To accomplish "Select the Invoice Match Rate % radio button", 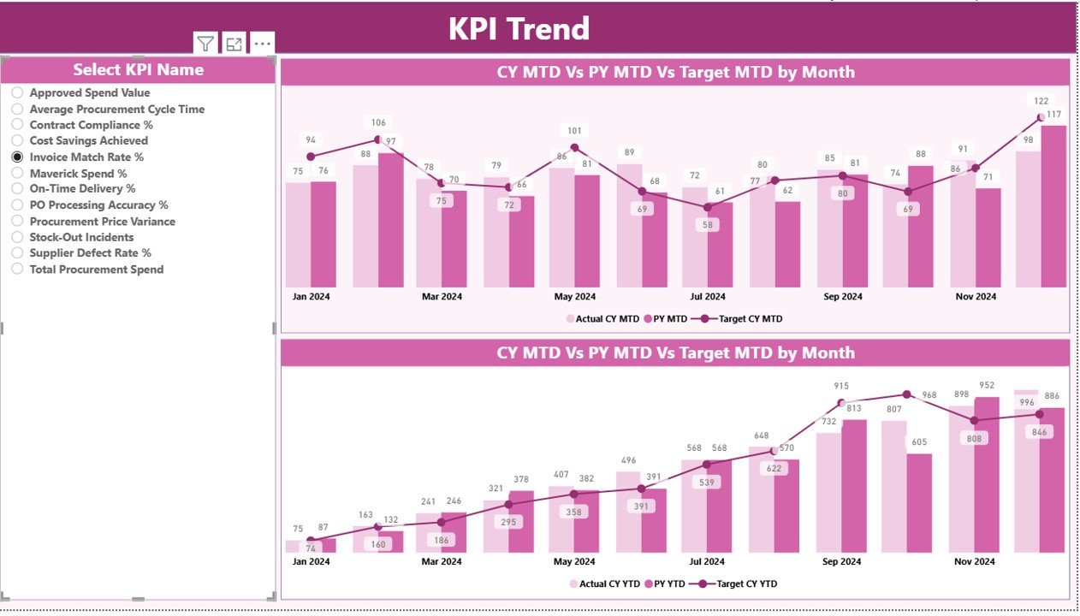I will point(17,157).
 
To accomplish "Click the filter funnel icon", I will point(205,44).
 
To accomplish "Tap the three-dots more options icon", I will point(262,44).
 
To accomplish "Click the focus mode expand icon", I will point(234,44).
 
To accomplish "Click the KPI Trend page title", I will point(519,29).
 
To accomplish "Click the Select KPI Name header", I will point(138,70).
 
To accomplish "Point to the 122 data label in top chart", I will point(1041,101).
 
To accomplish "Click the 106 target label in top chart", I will point(378,122).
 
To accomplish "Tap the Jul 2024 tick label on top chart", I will point(708,297).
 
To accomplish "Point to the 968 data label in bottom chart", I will point(929,395).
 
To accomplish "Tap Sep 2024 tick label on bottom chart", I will point(842,562).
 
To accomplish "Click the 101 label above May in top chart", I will point(574,131).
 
